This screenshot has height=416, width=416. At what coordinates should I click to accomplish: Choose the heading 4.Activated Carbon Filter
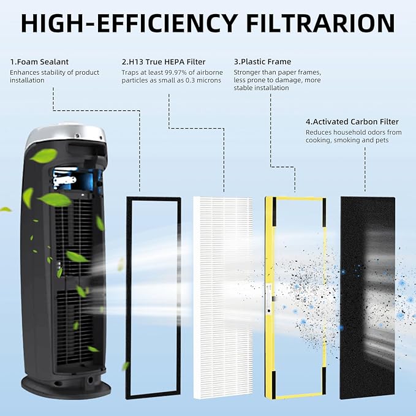[352, 122]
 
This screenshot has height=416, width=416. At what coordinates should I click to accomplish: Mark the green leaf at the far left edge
[6, 210]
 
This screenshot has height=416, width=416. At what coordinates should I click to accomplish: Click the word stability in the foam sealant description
[57, 72]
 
